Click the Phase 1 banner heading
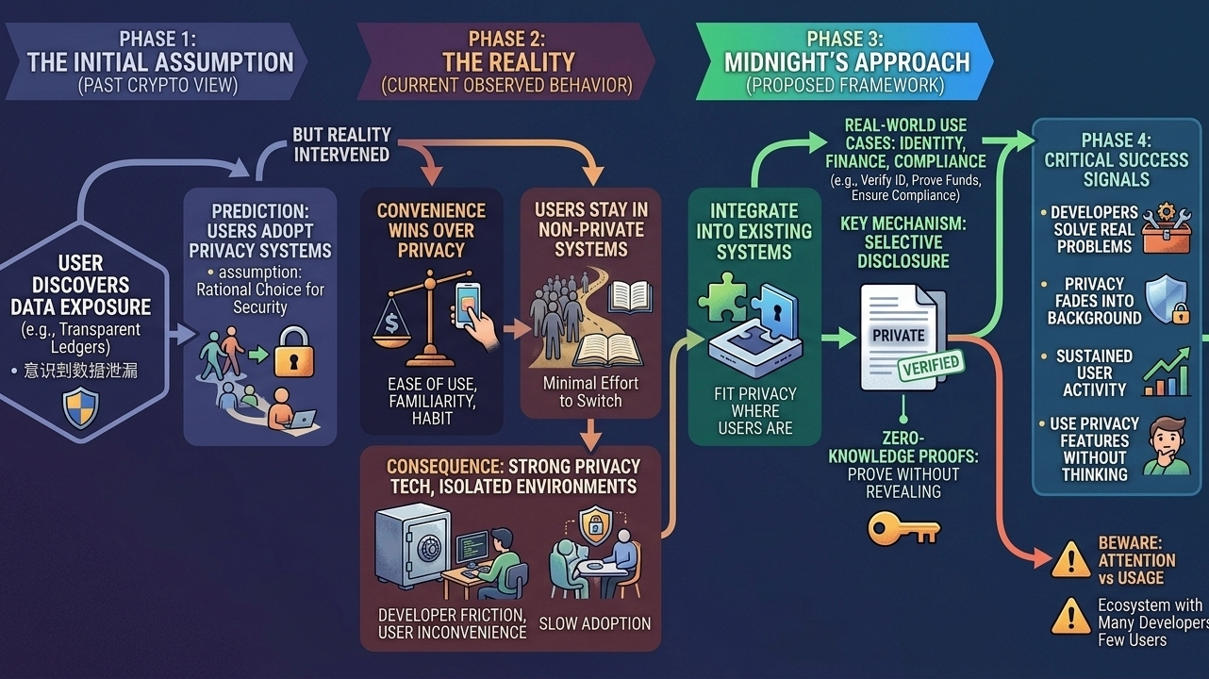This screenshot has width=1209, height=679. tap(160, 62)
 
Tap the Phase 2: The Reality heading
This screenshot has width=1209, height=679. tap(506, 62)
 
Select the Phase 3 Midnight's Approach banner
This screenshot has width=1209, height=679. tap(846, 62)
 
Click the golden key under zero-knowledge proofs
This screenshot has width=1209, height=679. tap(903, 528)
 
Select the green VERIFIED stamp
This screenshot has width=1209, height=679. tap(929, 365)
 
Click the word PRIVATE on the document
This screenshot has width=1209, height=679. tap(898, 336)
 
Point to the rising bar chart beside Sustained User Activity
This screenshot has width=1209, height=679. tap(1167, 373)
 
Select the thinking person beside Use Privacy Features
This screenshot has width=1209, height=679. tap(1168, 447)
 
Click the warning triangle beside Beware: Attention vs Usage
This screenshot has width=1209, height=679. tap(1070, 560)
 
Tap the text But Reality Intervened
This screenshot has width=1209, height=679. tap(341, 144)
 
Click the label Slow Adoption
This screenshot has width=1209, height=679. tap(594, 623)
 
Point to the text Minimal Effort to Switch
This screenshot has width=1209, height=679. tap(591, 391)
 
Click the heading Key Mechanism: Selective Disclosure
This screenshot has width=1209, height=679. tap(903, 240)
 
